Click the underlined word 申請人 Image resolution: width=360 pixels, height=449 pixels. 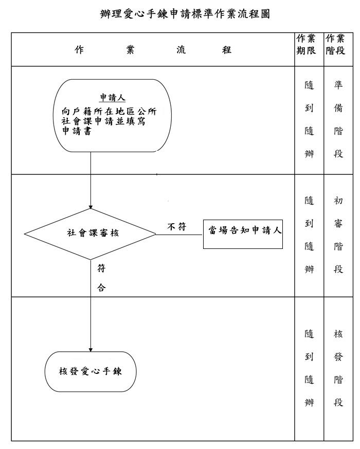pyautogui.click(x=113, y=98)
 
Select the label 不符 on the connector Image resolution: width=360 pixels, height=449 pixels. pyautogui.click(x=176, y=227)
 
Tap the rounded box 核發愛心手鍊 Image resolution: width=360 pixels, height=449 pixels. pyautogui.click(x=91, y=371)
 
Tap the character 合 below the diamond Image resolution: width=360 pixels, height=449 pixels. pyautogui.click(x=101, y=289)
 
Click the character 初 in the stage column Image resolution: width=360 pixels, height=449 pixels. pyautogui.click(x=338, y=201)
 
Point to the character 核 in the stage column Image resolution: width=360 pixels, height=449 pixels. pyautogui.click(x=338, y=334)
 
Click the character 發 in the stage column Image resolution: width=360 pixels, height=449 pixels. pyautogui.click(x=338, y=357)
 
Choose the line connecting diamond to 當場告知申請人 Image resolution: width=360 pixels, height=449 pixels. pyautogui.click(x=179, y=235)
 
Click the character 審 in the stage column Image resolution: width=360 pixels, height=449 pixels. pyautogui.click(x=338, y=224)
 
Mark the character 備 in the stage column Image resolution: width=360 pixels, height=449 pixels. pyautogui.click(x=338, y=109)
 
